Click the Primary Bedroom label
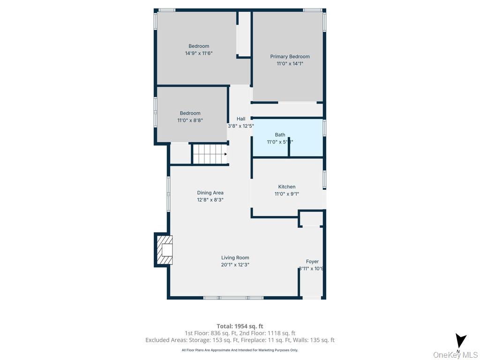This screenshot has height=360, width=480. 290,57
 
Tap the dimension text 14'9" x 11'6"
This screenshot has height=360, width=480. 199,53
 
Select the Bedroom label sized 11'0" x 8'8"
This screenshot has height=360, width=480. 190,113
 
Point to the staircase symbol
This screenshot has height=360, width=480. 209,154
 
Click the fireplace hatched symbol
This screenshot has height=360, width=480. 165,250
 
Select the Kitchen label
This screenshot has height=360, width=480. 286,187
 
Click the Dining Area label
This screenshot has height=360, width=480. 210,193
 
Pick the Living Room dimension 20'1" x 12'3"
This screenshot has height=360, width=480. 235,265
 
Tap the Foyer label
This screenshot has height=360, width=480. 312,262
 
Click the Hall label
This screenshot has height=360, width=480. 241,119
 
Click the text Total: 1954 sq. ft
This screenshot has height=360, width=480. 240,326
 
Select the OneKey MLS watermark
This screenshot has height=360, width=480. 456,355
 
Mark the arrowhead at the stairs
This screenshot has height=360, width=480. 225,154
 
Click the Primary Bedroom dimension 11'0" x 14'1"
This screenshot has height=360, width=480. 290,64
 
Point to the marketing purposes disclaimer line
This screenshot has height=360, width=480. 240,350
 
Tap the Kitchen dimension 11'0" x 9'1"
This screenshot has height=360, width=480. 286,194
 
